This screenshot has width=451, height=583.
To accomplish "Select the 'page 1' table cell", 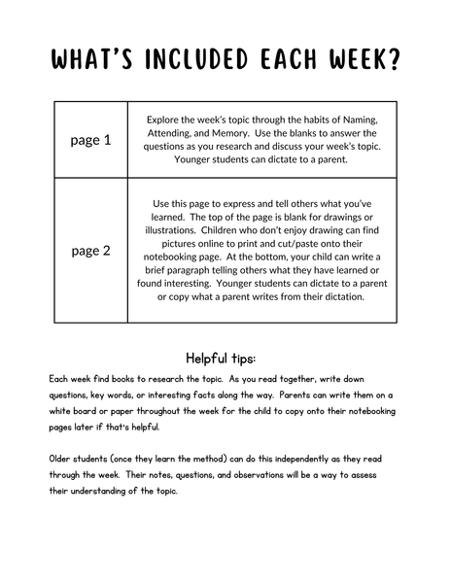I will tap(91, 140).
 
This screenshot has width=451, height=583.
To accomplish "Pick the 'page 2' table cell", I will tap(91, 250).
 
